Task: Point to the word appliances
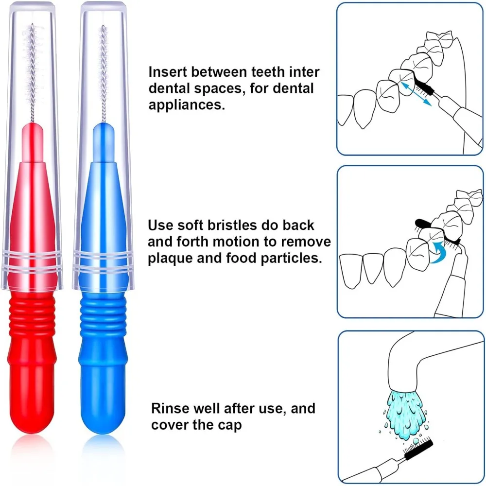[x=187, y=105]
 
